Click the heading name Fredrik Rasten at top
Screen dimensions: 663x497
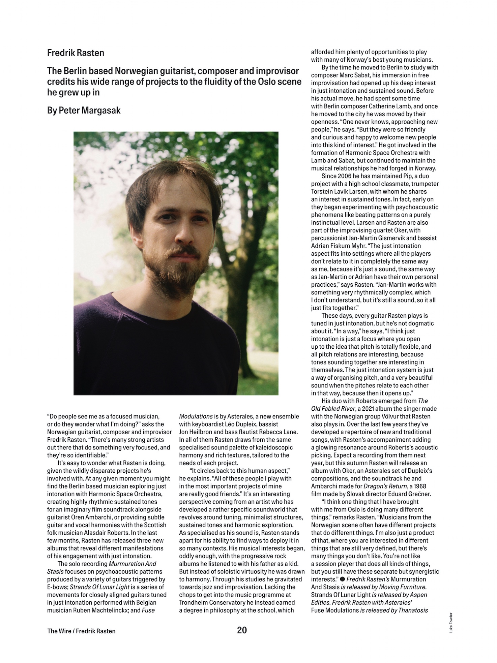[x=76, y=53]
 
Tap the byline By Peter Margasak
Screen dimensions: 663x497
[x=84, y=110]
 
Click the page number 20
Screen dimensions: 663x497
[x=242, y=630]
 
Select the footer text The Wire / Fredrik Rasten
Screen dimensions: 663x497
[x=81, y=631]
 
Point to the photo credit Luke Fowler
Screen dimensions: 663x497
[x=451, y=623]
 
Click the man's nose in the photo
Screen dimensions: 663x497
[x=182, y=232]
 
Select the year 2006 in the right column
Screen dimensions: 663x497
[x=345, y=176]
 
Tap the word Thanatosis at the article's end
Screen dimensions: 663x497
[x=413, y=610]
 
